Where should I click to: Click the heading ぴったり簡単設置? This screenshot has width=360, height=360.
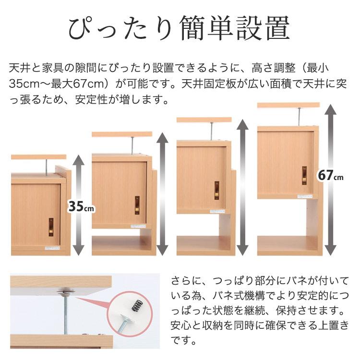180,29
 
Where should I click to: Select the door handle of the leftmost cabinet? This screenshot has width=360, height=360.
51,228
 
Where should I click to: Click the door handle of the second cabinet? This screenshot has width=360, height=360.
137,204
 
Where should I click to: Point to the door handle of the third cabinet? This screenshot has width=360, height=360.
217,190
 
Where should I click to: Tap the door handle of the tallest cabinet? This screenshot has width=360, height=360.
304,175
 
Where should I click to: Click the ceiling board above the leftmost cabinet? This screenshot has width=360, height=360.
38,157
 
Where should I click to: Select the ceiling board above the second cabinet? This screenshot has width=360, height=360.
122,134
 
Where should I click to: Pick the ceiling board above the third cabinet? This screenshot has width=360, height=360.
204,120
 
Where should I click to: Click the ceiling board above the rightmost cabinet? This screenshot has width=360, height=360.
288,105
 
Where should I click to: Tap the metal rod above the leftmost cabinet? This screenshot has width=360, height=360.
46,167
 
